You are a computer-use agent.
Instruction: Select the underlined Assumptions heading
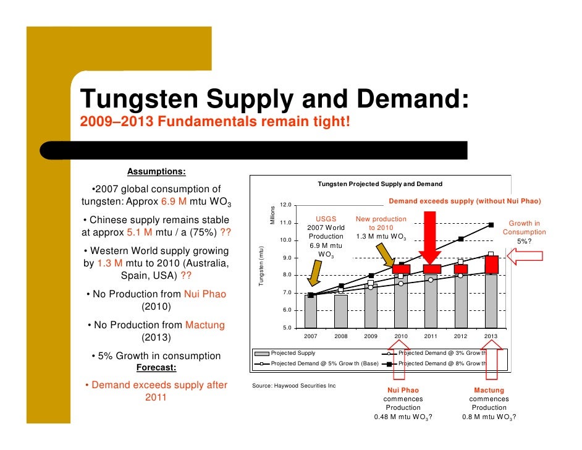(x=156, y=171)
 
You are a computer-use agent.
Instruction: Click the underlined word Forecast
(x=156, y=368)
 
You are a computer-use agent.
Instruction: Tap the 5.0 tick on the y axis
(x=287, y=328)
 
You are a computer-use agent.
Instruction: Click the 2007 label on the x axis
(x=310, y=336)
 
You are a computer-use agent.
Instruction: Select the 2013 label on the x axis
(x=491, y=336)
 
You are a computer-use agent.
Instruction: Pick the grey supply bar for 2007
(x=310, y=311)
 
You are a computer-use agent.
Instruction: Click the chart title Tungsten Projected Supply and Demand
(x=380, y=184)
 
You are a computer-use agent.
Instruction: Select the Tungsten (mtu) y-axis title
(x=261, y=266)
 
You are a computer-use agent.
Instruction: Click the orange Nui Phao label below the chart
(x=403, y=391)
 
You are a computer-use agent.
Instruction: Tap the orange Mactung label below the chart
(x=489, y=391)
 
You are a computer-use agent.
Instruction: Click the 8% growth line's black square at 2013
(x=491, y=225)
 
